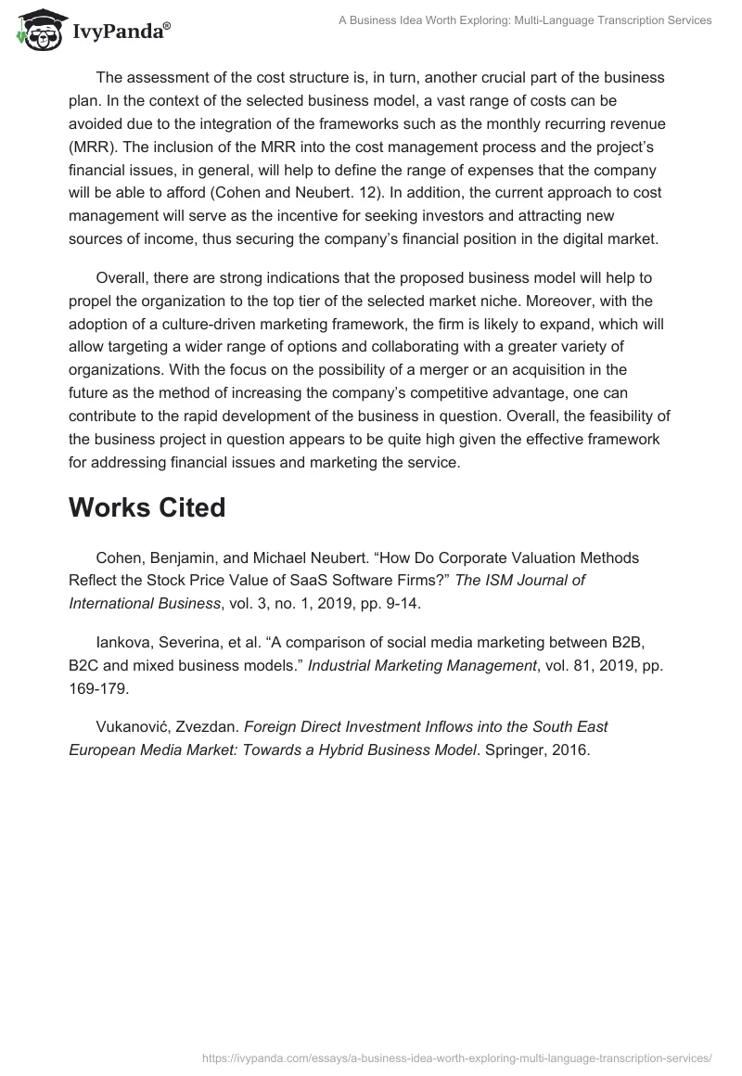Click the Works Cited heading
(x=147, y=508)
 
